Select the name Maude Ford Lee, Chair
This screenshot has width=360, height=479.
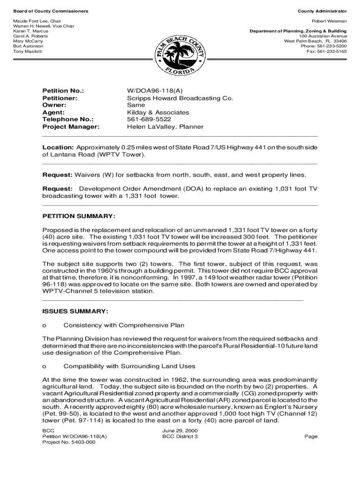37,22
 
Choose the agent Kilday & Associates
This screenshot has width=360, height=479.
158,112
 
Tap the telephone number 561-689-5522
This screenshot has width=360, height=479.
146,119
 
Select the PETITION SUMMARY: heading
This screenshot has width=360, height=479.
79,216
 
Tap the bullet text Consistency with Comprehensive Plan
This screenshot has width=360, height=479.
124,325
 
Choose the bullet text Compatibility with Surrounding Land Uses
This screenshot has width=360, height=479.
130,366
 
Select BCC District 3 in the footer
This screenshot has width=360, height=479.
180,436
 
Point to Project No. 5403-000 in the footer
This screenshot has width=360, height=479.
69,443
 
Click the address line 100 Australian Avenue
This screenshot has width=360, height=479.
323,36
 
